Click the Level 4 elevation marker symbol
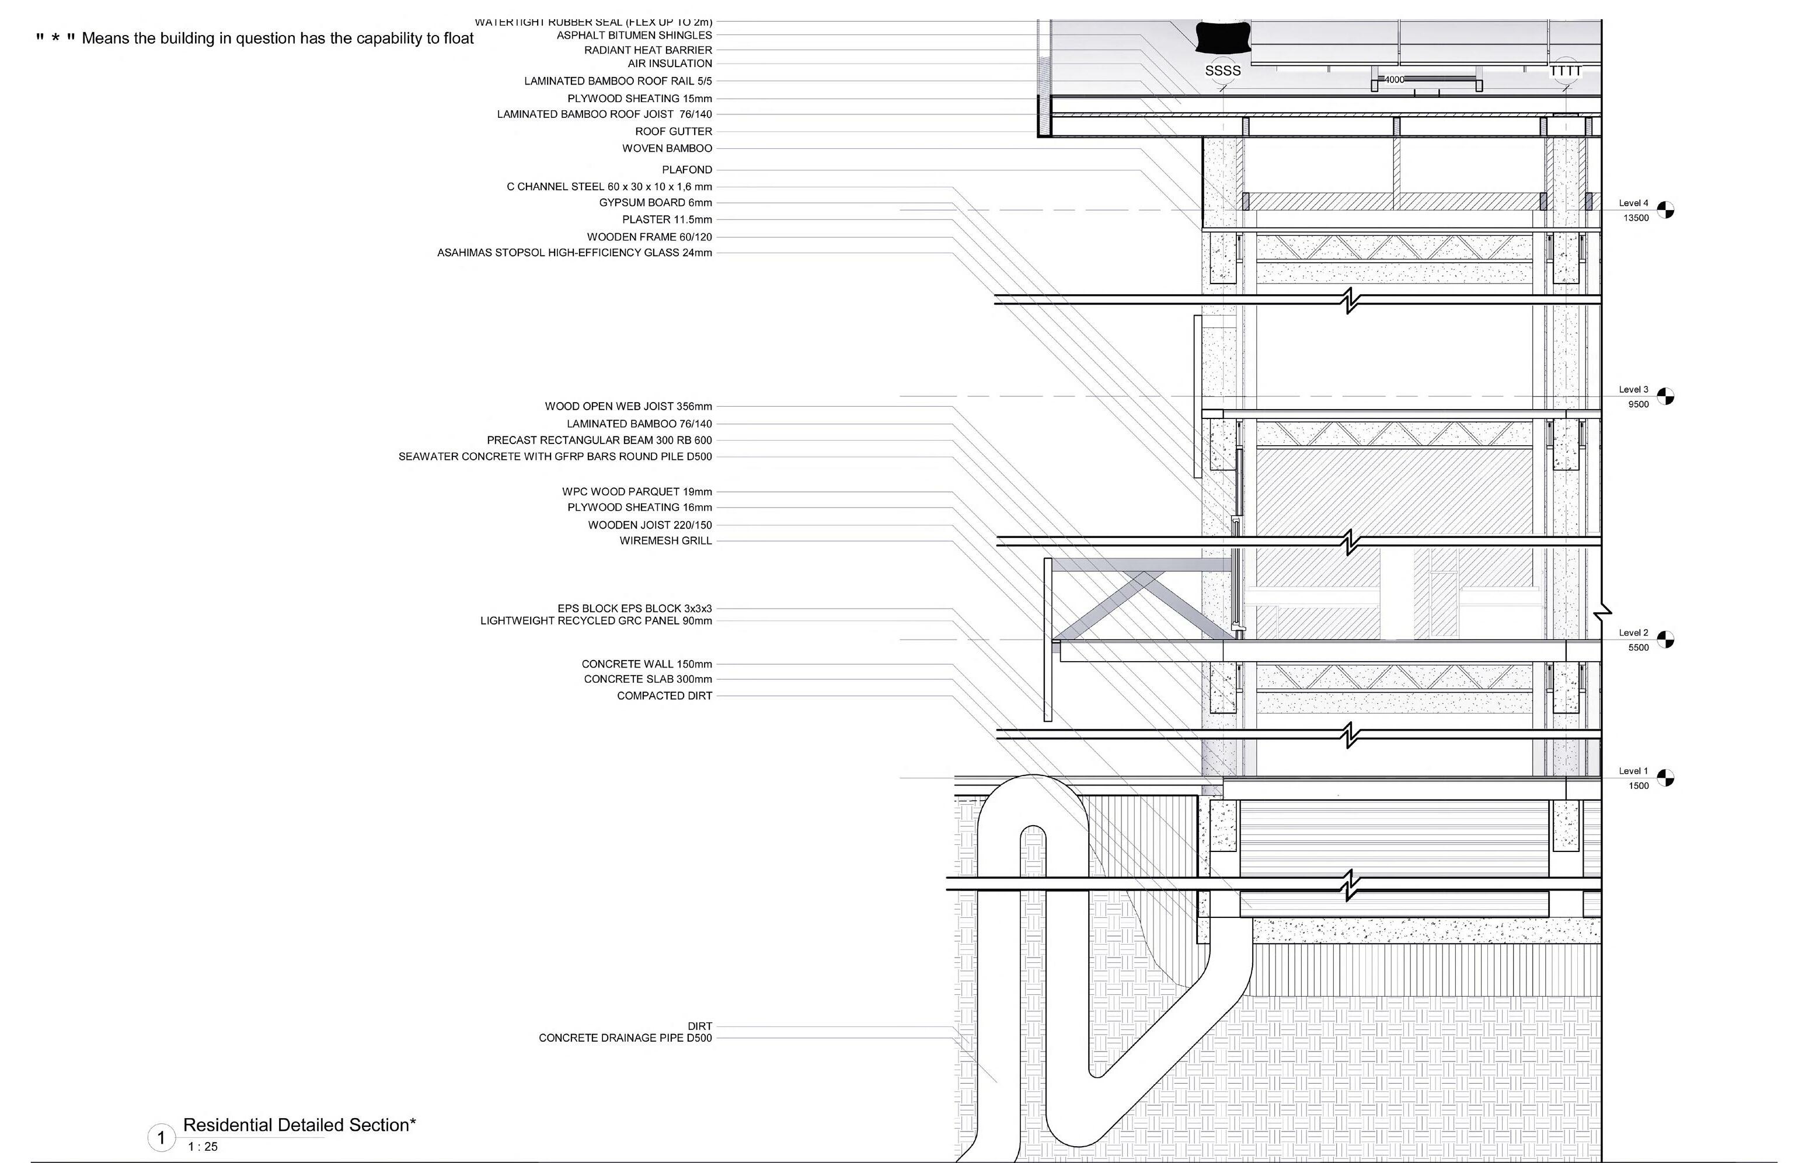[1665, 210]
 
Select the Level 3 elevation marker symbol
[1665, 396]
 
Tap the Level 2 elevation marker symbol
[1665, 640]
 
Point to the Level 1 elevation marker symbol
[1665, 778]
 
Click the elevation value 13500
[1636, 218]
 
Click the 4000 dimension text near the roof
[1393, 79]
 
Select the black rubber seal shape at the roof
[1223, 37]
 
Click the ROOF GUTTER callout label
[673, 131]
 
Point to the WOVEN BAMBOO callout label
[667, 148]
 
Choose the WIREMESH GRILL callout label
[665, 541]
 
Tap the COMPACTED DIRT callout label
[664, 696]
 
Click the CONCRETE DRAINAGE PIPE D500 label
[625, 1038]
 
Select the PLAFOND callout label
[686, 169]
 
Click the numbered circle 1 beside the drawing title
[161, 1137]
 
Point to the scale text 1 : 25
[203, 1147]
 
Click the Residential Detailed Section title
[299, 1125]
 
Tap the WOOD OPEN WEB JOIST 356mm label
[628, 406]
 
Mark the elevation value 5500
[1639, 648]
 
